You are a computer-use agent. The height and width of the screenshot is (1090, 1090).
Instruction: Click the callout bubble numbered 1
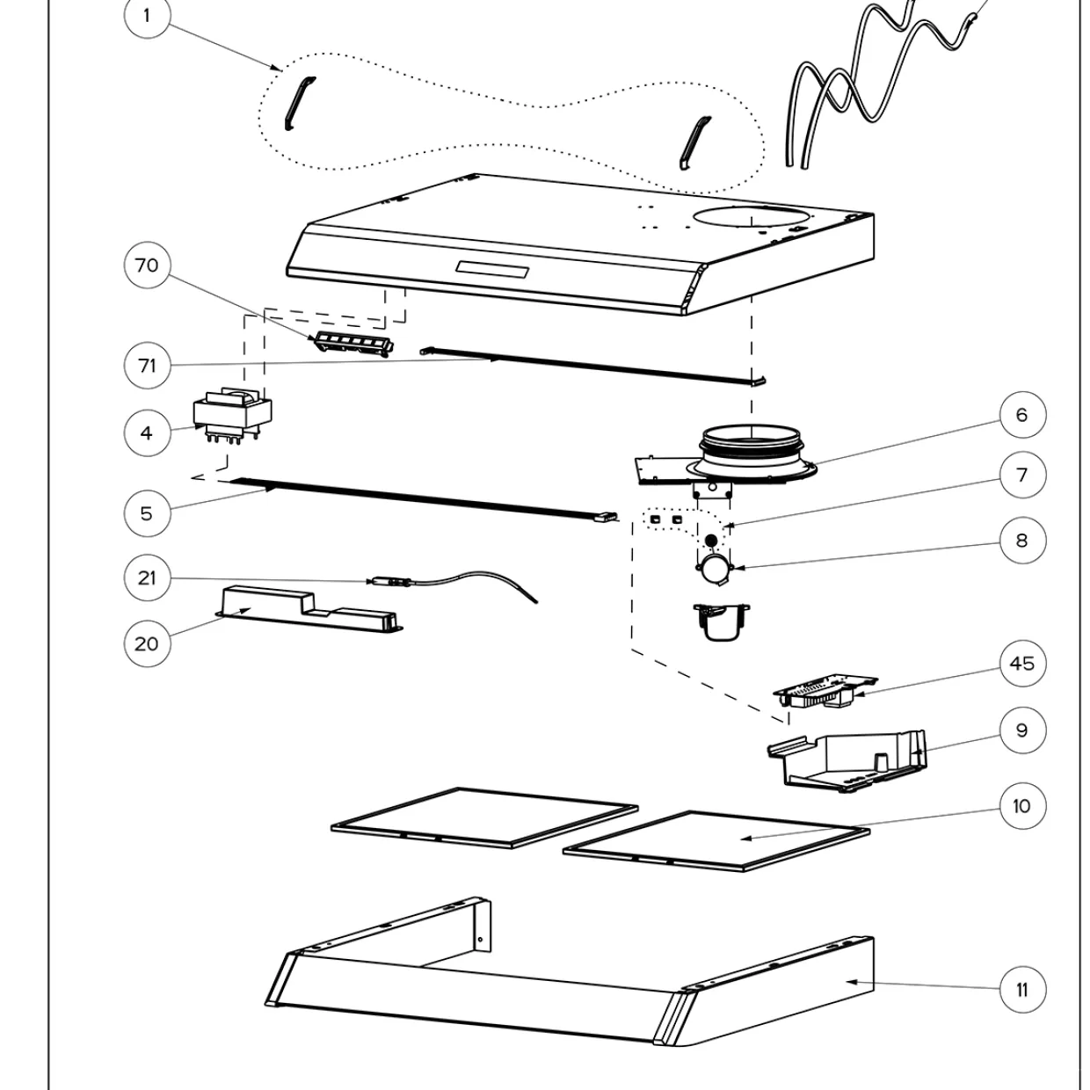coord(147,15)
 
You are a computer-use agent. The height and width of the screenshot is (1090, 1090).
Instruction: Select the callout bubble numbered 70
coord(147,265)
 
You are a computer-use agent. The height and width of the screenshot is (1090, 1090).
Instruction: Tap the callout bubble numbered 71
coord(147,366)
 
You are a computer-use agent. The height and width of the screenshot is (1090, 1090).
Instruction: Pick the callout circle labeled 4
coord(147,432)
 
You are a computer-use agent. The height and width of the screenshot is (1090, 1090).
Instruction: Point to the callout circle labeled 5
coord(147,513)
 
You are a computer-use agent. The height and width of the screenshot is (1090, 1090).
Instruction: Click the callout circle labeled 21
coord(147,578)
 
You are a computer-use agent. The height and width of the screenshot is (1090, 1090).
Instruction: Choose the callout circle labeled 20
coord(147,643)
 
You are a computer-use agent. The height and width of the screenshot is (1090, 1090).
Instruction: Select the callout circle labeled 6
coord(1022,415)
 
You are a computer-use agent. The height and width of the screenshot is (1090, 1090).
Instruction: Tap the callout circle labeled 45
coord(1022,663)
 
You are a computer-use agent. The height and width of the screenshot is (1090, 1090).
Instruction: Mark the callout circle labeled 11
coord(1022,990)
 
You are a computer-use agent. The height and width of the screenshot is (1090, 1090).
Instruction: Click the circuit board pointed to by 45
coord(825,691)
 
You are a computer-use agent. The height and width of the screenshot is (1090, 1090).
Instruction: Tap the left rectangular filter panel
coord(484,817)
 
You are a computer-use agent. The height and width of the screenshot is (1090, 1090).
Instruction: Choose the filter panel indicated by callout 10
coord(716,840)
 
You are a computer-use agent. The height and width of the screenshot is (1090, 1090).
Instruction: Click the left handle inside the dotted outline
coord(300,103)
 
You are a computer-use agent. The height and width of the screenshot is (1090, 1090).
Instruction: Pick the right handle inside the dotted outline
coord(695,142)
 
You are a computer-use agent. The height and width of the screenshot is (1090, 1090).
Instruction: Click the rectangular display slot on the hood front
coord(492,270)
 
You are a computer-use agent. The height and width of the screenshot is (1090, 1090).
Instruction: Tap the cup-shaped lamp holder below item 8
coord(721,621)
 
